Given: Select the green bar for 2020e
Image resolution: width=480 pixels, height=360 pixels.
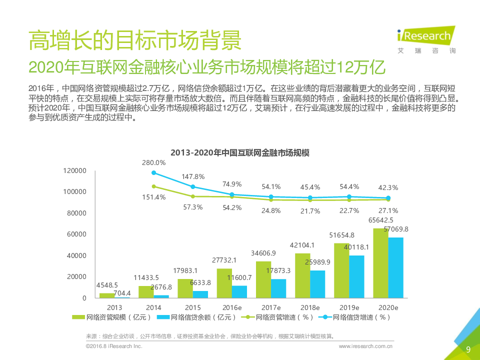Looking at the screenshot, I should tap(380, 263).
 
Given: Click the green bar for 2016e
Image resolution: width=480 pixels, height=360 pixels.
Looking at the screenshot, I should tap(224, 283).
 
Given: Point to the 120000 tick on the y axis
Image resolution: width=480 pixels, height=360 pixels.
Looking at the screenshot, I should tap(75, 171).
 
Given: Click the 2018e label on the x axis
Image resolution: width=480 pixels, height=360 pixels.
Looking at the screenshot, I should tap(309, 307).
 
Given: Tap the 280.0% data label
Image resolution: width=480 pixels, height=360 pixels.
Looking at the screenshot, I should tap(153, 162).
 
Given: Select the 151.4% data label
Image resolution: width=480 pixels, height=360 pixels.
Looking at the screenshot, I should tap(153, 197).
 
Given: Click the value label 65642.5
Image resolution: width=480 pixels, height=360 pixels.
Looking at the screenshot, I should tap(380, 220).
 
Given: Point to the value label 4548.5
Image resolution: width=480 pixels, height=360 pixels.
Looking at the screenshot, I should tap(107, 285).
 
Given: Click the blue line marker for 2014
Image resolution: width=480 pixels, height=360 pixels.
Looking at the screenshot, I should tap(153, 173).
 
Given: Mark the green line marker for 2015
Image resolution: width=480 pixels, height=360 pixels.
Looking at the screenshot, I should tap(192, 196).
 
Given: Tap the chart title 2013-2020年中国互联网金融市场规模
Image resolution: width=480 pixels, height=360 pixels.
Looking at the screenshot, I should tap(240, 153).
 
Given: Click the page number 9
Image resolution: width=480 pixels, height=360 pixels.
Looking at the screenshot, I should tap(468, 349).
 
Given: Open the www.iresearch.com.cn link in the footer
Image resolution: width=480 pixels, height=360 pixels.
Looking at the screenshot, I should tap(365, 346).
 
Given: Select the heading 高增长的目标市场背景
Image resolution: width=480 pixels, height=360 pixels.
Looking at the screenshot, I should tap(135, 40).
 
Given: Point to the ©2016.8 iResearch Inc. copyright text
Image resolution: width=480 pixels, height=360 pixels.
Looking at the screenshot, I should tap(114, 346).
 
